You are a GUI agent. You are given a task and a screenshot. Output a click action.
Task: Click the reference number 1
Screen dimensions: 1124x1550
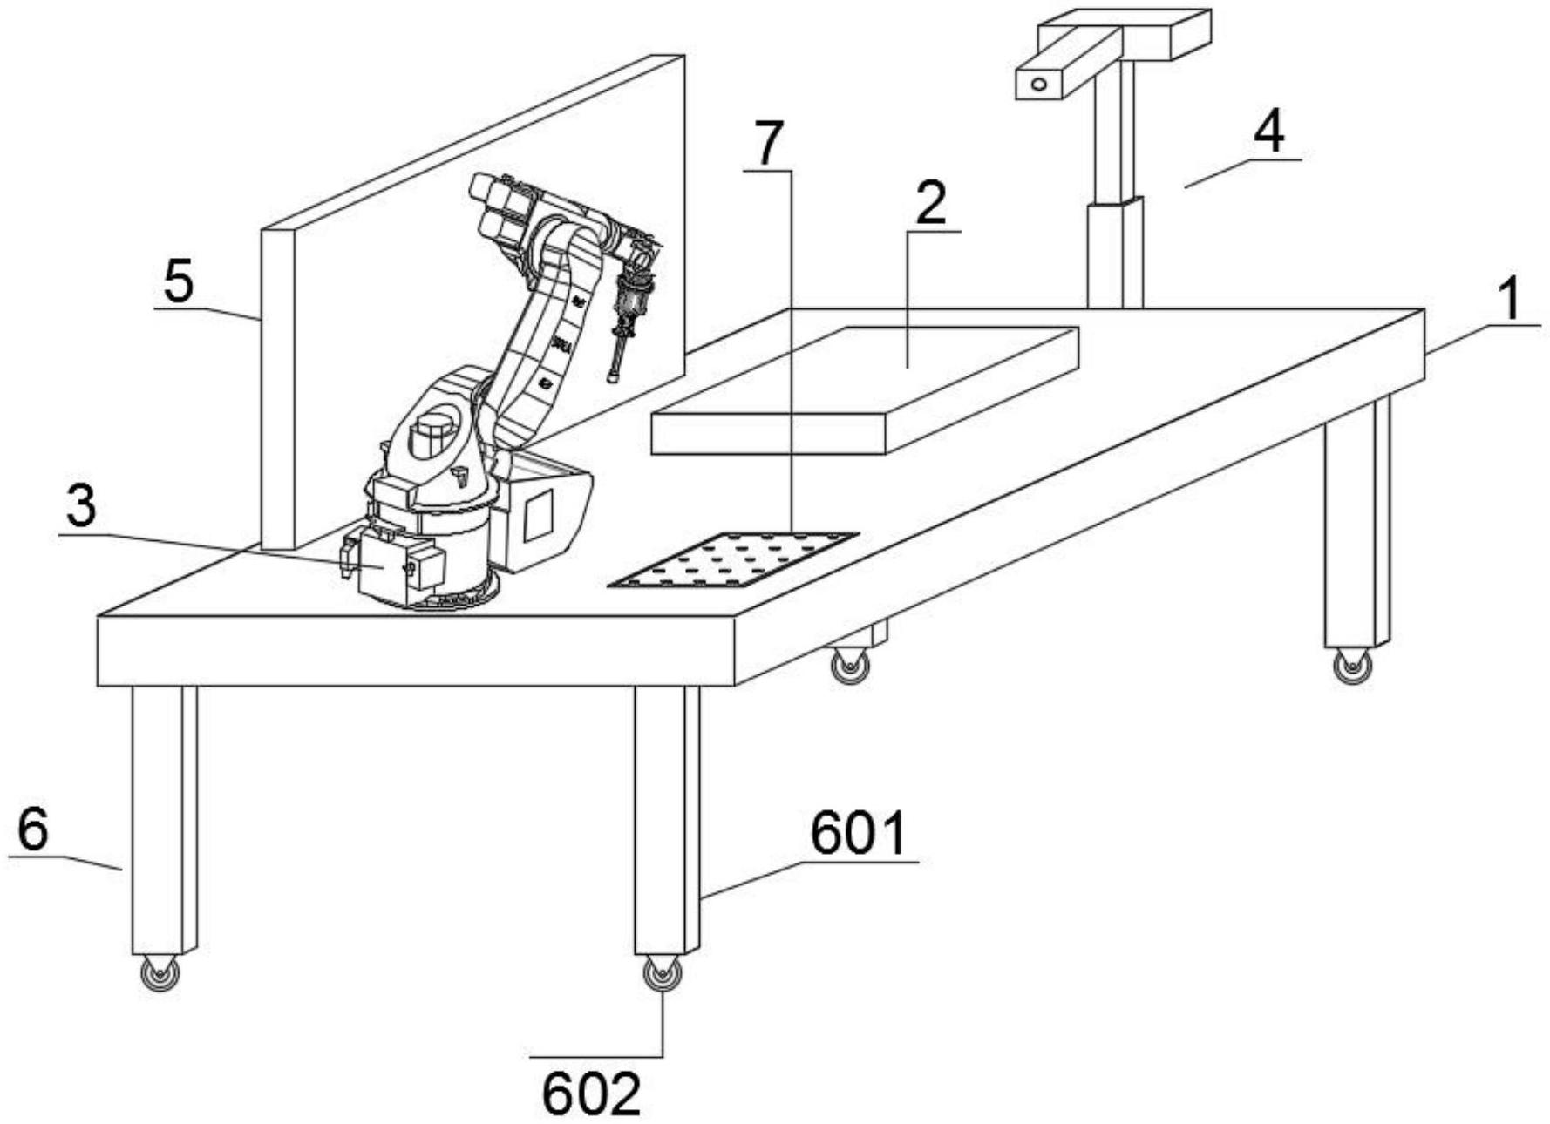(1510, 300)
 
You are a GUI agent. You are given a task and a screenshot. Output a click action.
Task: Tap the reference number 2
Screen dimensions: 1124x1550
(931, 204)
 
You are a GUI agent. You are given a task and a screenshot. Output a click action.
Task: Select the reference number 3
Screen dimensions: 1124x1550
(81, 507)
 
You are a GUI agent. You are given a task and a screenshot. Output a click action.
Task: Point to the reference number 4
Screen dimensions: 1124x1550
(1269, 134)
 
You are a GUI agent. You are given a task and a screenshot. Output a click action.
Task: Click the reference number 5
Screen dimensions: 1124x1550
(179, 282)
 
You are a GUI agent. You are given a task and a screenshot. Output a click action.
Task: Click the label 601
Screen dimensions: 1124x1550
(859, 834)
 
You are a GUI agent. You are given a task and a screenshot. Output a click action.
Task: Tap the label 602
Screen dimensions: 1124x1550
(592, 1094)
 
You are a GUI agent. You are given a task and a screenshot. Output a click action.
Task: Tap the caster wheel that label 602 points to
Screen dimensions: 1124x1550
(663, 973)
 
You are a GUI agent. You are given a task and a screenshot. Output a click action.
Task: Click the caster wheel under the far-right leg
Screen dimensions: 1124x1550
(1351, 667)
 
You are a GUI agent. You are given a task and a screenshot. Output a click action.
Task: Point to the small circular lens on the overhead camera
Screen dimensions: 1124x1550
(1038, 85)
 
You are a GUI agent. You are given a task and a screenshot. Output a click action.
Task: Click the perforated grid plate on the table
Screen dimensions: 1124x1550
(732, 559)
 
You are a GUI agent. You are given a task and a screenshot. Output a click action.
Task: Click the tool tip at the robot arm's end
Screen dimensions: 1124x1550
(614, 376)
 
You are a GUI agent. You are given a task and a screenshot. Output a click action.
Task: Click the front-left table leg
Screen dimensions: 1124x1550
(164, 819)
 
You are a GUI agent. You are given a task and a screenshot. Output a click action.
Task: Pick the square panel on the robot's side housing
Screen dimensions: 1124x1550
(537, 514)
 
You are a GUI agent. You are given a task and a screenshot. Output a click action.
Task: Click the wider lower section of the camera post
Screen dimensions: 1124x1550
(1115, 253)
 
